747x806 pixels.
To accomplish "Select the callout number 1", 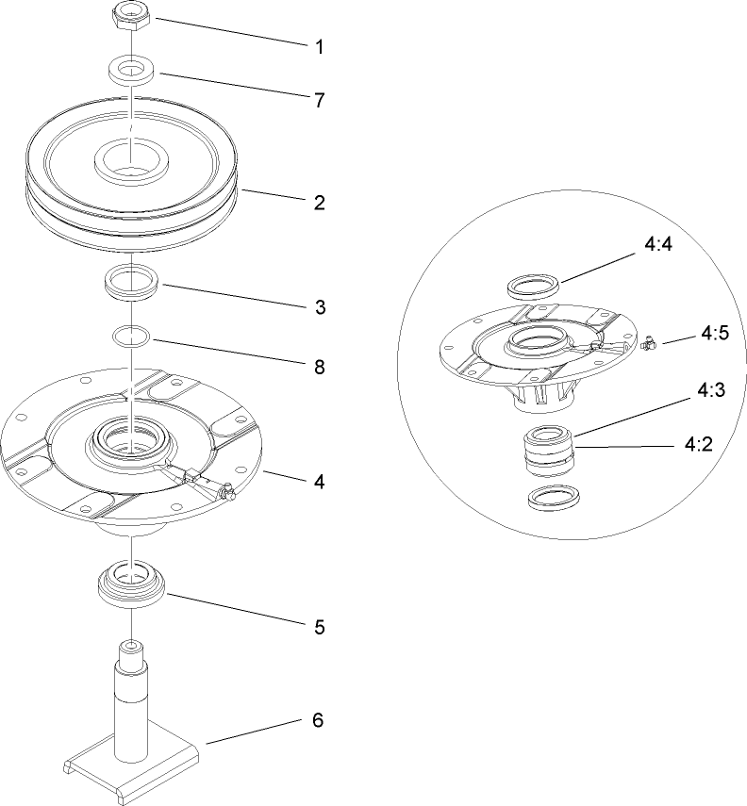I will (320, 46).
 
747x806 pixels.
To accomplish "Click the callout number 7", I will (320, 100).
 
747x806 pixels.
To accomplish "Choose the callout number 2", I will (320, 202).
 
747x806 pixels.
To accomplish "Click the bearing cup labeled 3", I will (133, 283).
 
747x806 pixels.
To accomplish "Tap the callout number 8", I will (320, 367).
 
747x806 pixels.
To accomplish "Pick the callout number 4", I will (320, 481).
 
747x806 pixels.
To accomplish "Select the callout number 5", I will (320, 626).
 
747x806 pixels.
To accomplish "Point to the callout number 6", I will (318, 720).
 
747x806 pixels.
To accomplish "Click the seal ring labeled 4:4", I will (534, 286).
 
